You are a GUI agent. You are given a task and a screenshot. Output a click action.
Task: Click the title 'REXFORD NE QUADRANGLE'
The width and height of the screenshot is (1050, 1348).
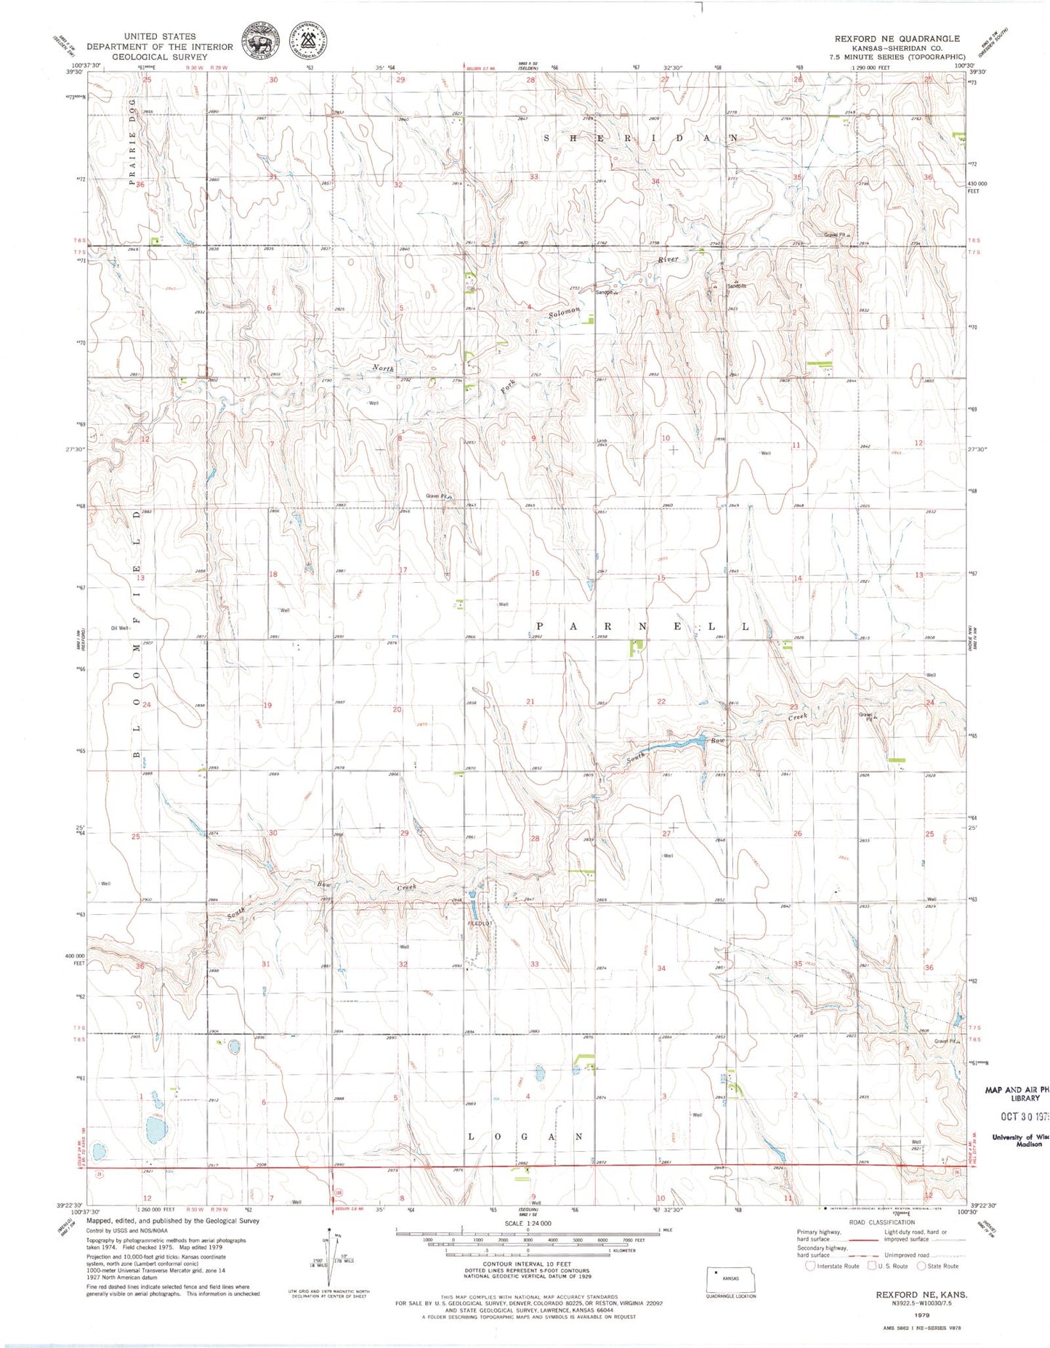click(x=897, y=39)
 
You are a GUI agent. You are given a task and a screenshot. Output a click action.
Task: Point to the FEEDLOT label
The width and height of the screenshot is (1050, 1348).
click(x=480, y=924)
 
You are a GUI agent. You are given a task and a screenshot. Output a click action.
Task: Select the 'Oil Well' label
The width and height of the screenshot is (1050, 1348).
click(x=120, y=628)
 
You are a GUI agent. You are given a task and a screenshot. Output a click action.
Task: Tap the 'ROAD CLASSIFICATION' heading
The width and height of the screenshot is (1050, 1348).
click(x=882, y=1222)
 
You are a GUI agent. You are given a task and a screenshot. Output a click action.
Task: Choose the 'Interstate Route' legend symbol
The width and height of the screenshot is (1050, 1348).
click(x=811, y=1266)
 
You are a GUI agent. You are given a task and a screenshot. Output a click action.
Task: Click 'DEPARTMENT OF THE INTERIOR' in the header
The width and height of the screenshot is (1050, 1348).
click(x=160, y=47)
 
